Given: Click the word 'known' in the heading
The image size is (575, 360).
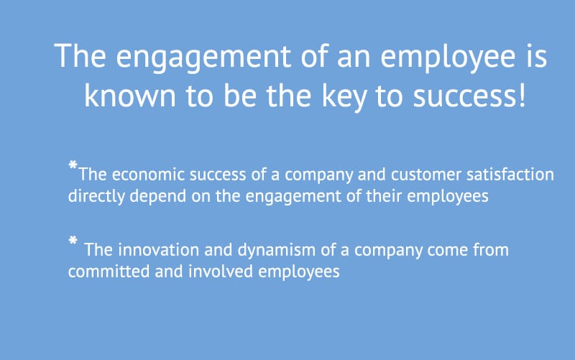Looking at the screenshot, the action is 130,96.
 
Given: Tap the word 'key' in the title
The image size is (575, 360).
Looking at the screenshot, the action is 344,97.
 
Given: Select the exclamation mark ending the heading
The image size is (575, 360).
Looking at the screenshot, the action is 523,96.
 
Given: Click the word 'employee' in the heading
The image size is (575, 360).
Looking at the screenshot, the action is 448,58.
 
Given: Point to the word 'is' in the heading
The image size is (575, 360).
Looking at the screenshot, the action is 537,56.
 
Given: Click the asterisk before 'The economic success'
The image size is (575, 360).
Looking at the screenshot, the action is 73,165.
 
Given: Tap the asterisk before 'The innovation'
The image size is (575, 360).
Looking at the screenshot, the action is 73,241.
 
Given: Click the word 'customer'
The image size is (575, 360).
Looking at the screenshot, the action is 425,175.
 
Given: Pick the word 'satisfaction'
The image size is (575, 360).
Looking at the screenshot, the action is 510,175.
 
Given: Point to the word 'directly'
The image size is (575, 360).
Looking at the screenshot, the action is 96,196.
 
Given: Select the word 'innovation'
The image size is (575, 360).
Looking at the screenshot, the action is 158,250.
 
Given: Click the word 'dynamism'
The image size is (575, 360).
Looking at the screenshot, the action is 277,251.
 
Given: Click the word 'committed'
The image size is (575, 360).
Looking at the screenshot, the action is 109,272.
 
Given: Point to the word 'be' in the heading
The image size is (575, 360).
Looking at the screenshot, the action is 240,96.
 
